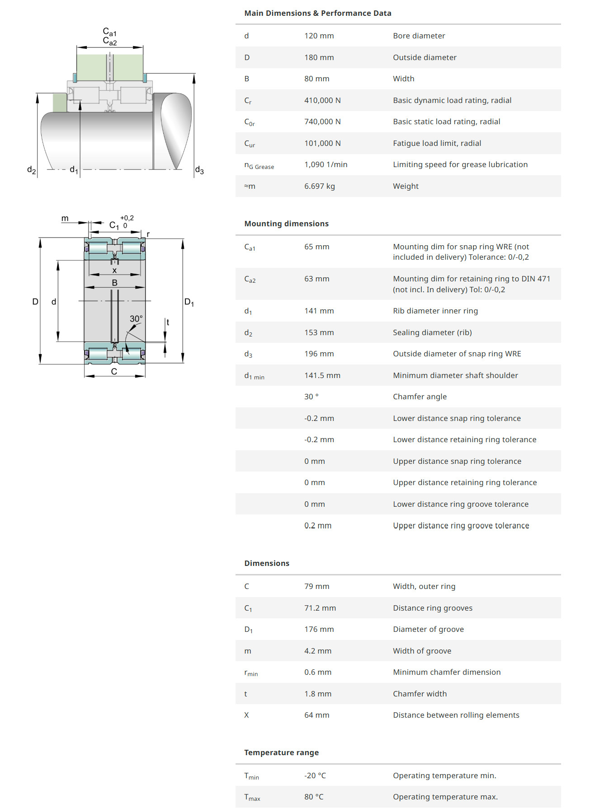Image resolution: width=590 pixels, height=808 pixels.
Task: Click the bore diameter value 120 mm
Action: click(319, 36)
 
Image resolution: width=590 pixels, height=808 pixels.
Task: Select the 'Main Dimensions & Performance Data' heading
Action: click(317, 13)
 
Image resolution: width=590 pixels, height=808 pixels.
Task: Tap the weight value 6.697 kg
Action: click(319, 186)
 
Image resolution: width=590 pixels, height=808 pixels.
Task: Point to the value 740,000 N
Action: click(322, 121)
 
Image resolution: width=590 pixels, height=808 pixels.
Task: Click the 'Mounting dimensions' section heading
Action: click(286, 224)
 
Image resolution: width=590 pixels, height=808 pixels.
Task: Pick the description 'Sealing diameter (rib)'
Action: click(432, 332)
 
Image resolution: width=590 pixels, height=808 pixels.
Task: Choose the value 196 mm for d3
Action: click(319, 354)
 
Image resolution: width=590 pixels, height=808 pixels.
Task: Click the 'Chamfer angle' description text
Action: click(420, 397)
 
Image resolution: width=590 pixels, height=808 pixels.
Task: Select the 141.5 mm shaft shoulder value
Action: click(322, 375)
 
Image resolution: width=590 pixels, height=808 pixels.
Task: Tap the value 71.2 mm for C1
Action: click(320, 608)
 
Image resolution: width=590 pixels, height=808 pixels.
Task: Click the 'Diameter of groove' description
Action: click(428, 629)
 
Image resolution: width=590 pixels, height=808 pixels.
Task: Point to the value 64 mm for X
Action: click(316, 715)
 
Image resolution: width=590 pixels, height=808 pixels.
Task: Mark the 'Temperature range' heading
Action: click(281, 752)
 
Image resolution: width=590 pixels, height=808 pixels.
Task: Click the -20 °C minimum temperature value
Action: click(315, 775)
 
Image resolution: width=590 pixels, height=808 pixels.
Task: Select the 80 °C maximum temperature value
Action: click(314, 797)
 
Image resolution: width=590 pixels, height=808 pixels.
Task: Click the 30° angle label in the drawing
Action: click(136, 319)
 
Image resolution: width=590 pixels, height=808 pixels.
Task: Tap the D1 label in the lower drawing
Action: click(189, 302)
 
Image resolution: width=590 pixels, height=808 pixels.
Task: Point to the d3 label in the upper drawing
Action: click(199, 170)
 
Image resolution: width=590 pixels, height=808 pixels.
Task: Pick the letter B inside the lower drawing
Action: click(115, 283)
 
